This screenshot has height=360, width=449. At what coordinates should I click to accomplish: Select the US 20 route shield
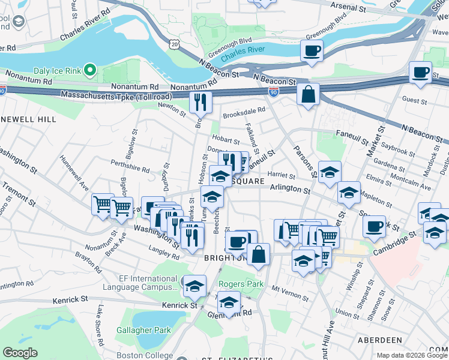(x=174, y=44)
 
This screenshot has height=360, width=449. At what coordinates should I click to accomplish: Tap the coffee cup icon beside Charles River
(x=312, y=52)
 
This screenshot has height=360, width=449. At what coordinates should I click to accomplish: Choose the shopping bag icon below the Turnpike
(x=308, y=95)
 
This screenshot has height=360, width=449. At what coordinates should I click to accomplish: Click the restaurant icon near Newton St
(x=200, y=102)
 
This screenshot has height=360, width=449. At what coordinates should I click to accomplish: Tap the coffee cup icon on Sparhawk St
(x=375, y=227)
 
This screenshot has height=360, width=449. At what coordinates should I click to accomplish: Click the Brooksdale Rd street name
(x=244, y=111)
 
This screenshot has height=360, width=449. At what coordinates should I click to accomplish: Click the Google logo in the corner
(x=20, y=353)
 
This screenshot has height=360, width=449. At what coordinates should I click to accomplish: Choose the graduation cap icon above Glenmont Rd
(x=228, y=303)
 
